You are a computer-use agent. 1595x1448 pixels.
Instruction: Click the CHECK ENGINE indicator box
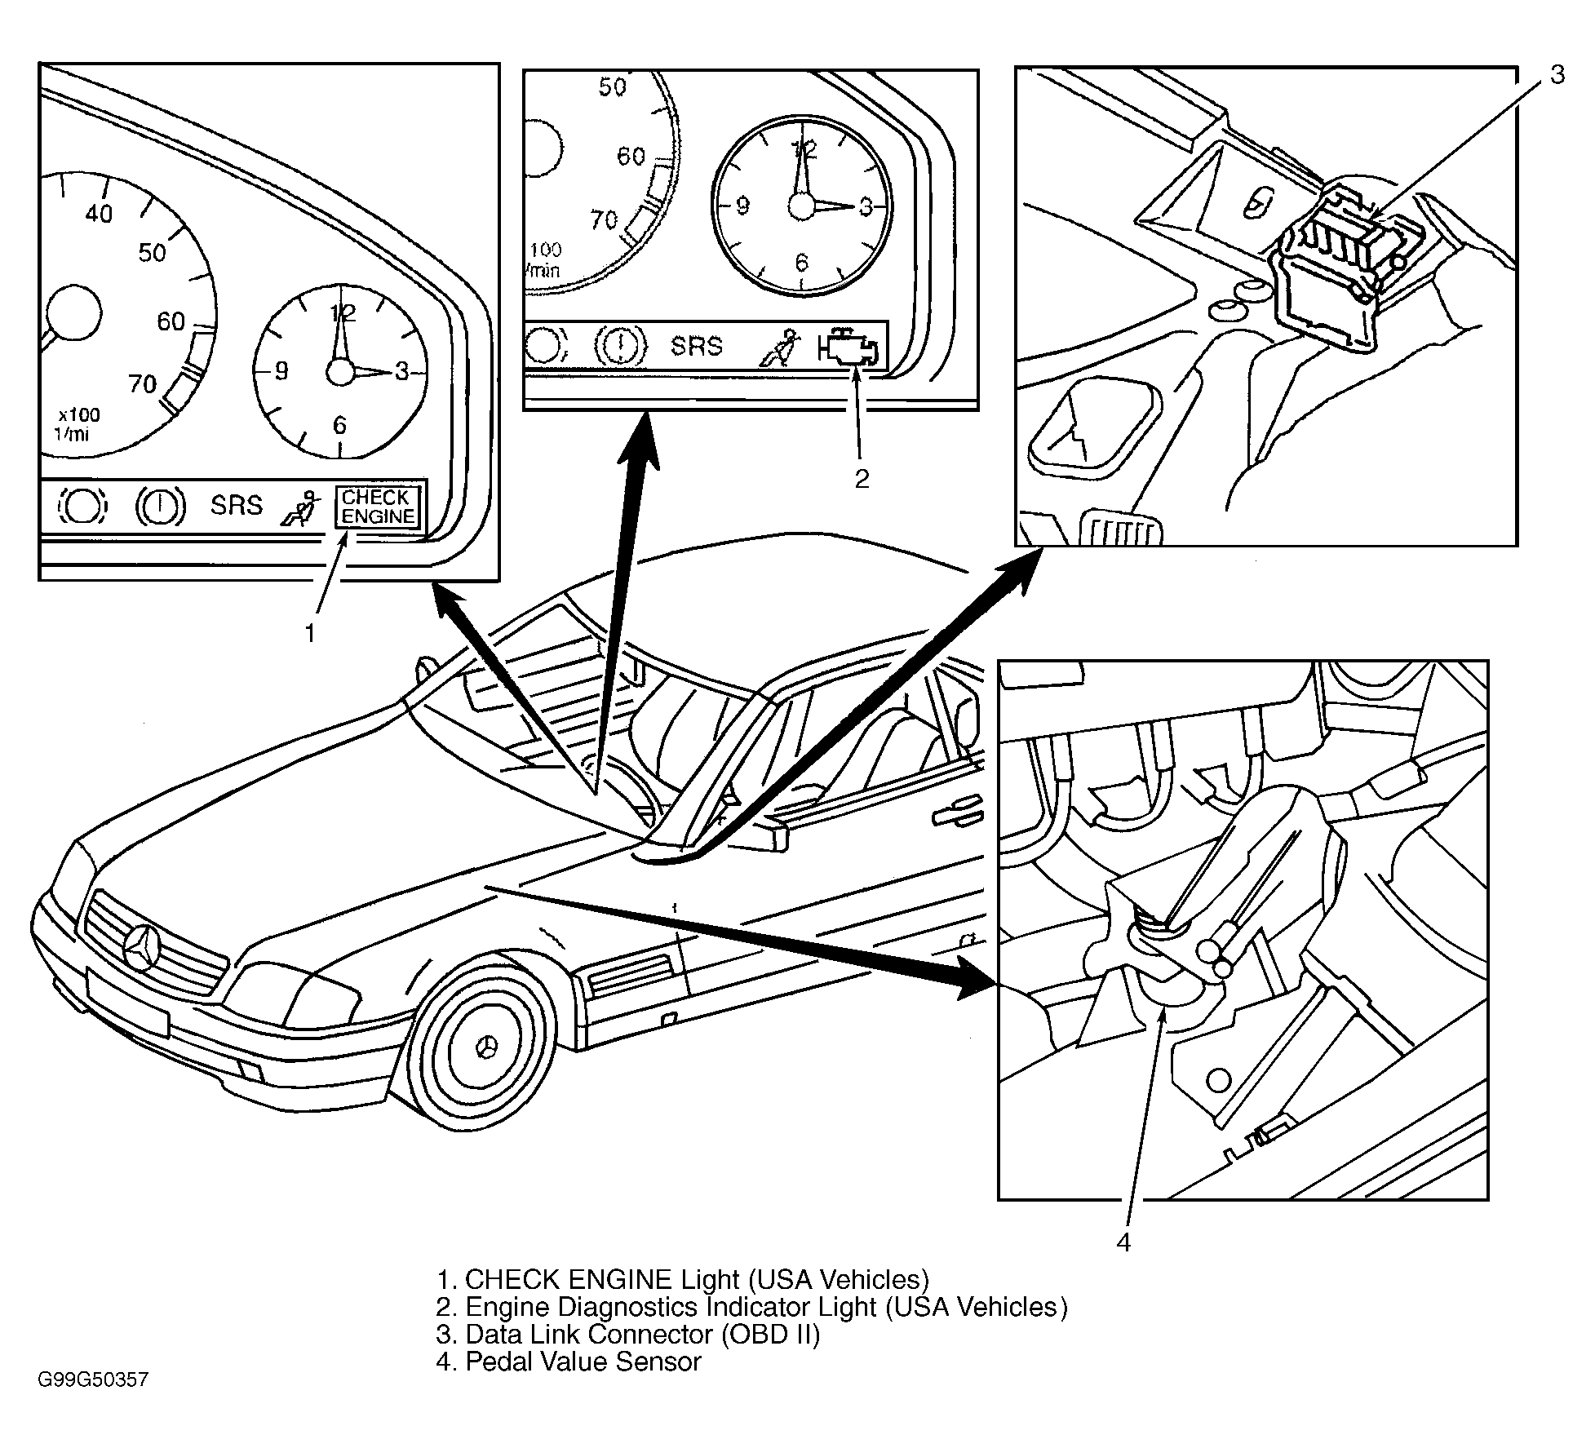click(379, 507)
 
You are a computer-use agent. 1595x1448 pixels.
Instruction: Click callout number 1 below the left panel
click(310, 633)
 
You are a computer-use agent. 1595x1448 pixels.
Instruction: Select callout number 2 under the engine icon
click(862, 479)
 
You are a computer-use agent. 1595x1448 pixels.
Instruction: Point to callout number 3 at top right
click(1557, 75)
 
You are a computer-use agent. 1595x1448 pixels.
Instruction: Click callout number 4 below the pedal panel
click(1123, 1242)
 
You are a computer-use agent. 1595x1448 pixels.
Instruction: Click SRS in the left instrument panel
click(237, 505)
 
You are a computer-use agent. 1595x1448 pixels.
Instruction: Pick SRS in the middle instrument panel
click(697, 346)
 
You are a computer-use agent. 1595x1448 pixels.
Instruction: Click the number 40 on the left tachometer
click(99, 214)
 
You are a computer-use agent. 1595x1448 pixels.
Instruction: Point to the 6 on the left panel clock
click(339, 425)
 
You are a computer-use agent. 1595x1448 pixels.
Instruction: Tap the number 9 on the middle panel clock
click(743, 206)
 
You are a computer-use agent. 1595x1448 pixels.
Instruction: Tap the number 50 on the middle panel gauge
click(612, 86)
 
